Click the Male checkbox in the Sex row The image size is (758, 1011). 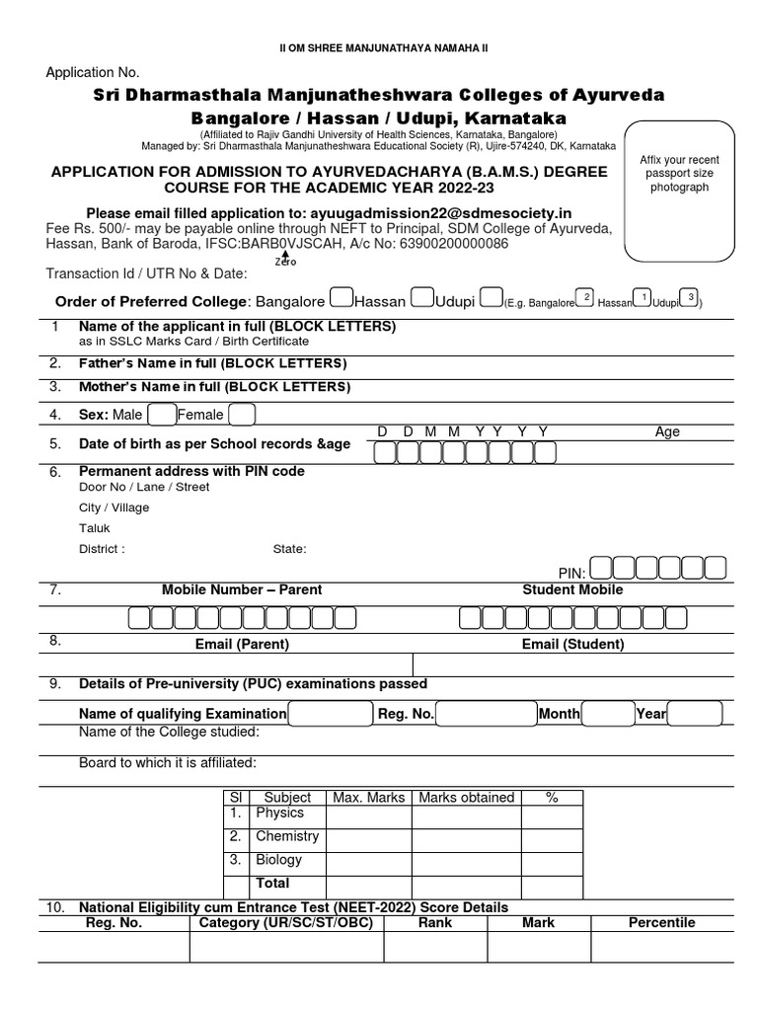point(161,415)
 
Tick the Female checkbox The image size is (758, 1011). point(242,415)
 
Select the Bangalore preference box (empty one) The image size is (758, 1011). point(339,297)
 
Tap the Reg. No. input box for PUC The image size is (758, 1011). point(485,713)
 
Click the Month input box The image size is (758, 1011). point(611,713)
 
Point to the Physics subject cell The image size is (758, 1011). point(279,814)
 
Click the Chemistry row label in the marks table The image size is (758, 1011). point(286,837)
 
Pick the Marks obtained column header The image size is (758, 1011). point(466,797)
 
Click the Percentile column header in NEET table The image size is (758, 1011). point(661,923)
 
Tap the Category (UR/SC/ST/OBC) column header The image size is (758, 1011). point(286,923)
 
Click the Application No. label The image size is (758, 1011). point(93,72)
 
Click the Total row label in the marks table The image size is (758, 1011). point(273,883)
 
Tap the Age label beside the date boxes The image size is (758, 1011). point(668,431)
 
